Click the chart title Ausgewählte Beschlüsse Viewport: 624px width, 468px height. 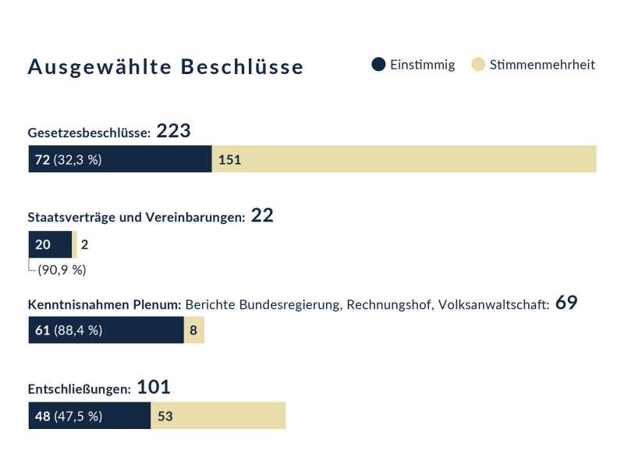pyautogui.click(x=165, y=67)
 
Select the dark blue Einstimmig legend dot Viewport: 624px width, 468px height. pyautogui.click(x=378, y=65)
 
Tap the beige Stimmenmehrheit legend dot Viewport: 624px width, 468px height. pyautogui.click(x=478, y=65)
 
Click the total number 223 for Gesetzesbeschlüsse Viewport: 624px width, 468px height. pyautogui.click(x=173, y=131)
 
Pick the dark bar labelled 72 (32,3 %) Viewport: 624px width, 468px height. pyautogui.click(x=120, y=159)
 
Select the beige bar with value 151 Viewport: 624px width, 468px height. pyautogui.click(x=404, y=159)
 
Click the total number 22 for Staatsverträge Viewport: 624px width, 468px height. pyautogui.click(x=262, y=216)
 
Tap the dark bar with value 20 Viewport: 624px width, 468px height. pyautogui.click(x=50, y=245)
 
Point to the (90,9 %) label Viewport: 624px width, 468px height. pyautogui.click(x=62, y=270)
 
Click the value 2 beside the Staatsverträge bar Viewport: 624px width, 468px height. pyautogui.click(x=84, y=245)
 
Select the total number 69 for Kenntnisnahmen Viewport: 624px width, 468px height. pyautogui.click(x=566, y=303)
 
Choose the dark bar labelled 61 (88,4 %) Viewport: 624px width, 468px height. pyautogui.click(x=106, y=330)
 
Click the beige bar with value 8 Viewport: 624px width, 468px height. pyautogui.click(x=193, y=330)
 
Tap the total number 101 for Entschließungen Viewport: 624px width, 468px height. pyautogui.click(x=154, y=388)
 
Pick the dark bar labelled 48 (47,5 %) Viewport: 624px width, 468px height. pyautogui.click(x=89, y=416)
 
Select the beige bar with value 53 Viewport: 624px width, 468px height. pyautogui.click(x=218, y=416)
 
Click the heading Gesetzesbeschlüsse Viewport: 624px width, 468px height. pyautogui.click(x=89, y=133)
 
